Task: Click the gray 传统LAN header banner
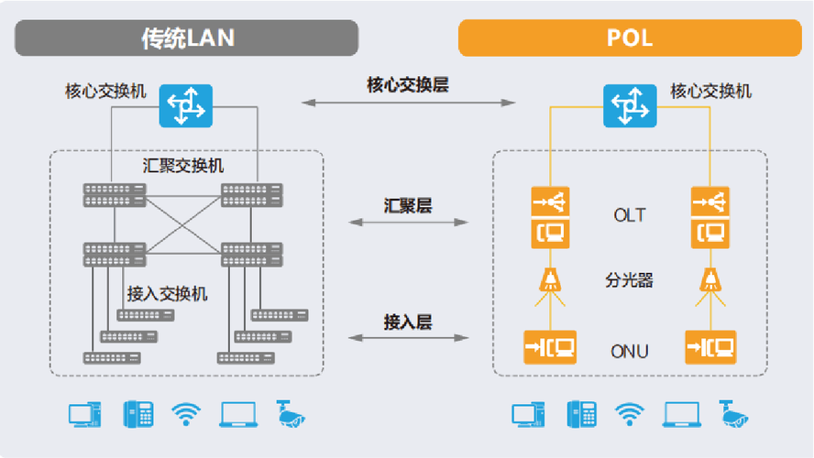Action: click(x=187, y=38)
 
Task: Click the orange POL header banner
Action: click(x=629, y=38)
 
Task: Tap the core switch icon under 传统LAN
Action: click(x=185, y=106)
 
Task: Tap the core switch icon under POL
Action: click(x=629, y=106)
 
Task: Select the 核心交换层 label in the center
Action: click(x=408, y=85)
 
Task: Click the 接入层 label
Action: click(x=408, y=322)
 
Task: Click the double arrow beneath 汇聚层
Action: click(x=408, y=222)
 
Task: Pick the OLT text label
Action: click(x=629, y=216)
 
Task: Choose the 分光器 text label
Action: click(x=629, y=280)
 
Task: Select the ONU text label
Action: click(x=629, y=351)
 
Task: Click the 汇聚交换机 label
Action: click(x=183, y=167)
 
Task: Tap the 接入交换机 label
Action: click(x=167, y=294)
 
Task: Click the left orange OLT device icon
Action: click(x=550, y=217)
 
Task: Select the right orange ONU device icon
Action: click(x=710, y=347)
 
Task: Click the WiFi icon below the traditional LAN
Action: click(x=186, y=414)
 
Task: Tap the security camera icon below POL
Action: click(x=734, y=414)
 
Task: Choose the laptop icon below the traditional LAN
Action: click(x=238, y=414)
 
